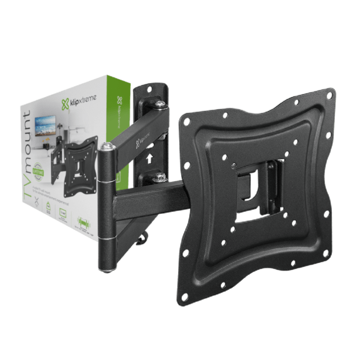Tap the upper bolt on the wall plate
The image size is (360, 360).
click(x=159, y=106)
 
